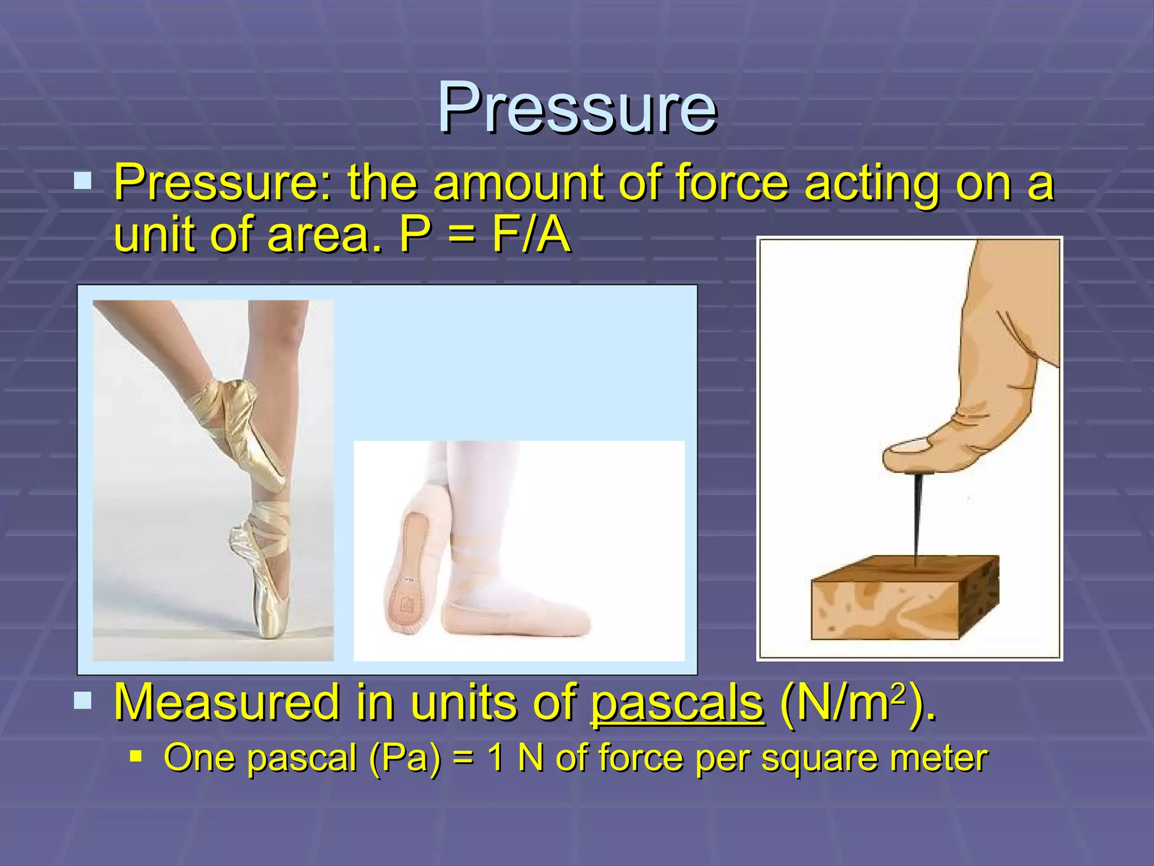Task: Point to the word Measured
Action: click(228, 702)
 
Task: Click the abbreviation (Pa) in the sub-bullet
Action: click(405, 758)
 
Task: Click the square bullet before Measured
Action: click(83, 700)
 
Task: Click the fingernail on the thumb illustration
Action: click(907, 447)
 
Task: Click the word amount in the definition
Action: click(519, 183)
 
